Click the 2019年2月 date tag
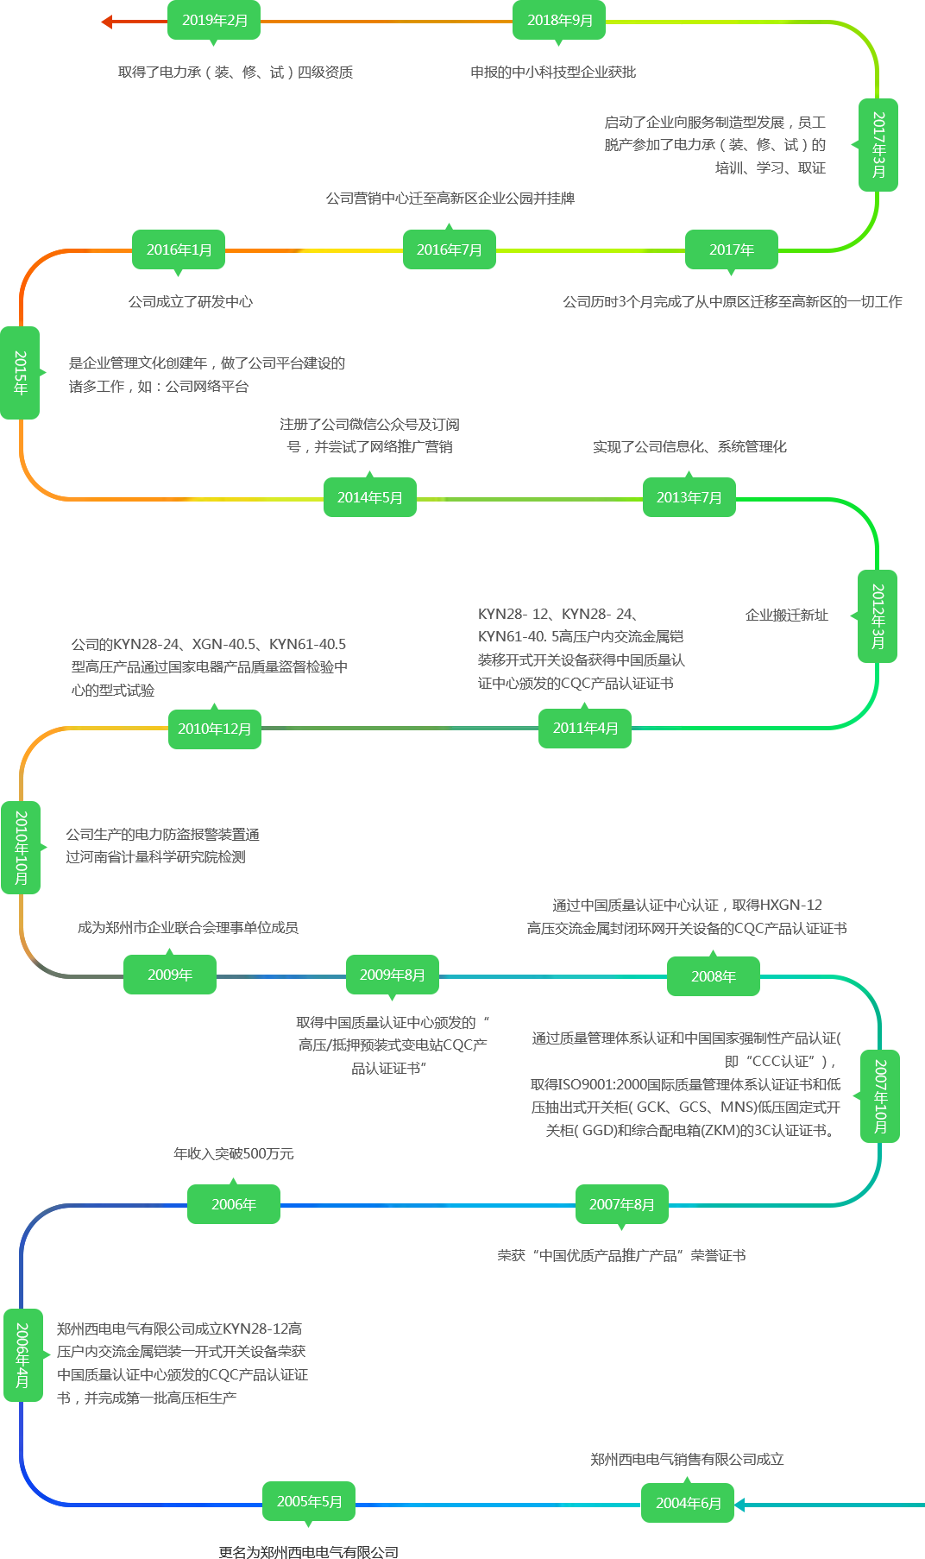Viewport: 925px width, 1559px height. pyautogui.click(x=214, y=21)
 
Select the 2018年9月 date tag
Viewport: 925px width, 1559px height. pyautogui.click(x=559, y=21)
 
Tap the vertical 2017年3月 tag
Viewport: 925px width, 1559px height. pyautogui.click(x=878, y=144)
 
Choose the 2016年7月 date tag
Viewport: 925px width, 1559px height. pyautogui.click(x=449, y=249)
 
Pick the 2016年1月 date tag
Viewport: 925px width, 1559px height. pyautogui.click(x=179, y=249)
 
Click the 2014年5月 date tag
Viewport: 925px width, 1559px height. pyautogui.click(x=369, y=497)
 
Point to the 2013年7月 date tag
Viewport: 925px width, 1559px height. pyautogui.click(x=689, y=497)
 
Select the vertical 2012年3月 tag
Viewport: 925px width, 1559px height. pyautogui.click(x=878, y=615)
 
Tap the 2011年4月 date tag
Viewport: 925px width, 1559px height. pyautogui.click(x=585, y=728)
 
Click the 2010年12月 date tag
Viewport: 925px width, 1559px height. pyautogui.click(x=214, y=729)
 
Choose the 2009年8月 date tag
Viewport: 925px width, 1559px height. pyautogui.click(x=392, y=975)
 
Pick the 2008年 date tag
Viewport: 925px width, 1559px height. pyautogui.click(x=713, y=976)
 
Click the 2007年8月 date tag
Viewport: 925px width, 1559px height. pyautogui.click(x=621, y=1204)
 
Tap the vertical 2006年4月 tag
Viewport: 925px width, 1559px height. pyautogui.click(x=22, y=1354)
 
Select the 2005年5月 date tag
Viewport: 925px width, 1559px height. pyautogui.click(x=309, y=1501)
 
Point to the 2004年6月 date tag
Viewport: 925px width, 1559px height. pyautogui.click(x=688, y=1503)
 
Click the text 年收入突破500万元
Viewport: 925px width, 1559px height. pyautogui.click(x=234, y=1153)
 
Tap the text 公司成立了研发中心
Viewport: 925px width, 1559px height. pyautogui.click(x=191, y=301)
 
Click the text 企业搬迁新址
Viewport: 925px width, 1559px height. pyautogui.click(x=786, y=615)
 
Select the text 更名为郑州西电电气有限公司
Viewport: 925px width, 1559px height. pyautogui.click(x=308, y=1552)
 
